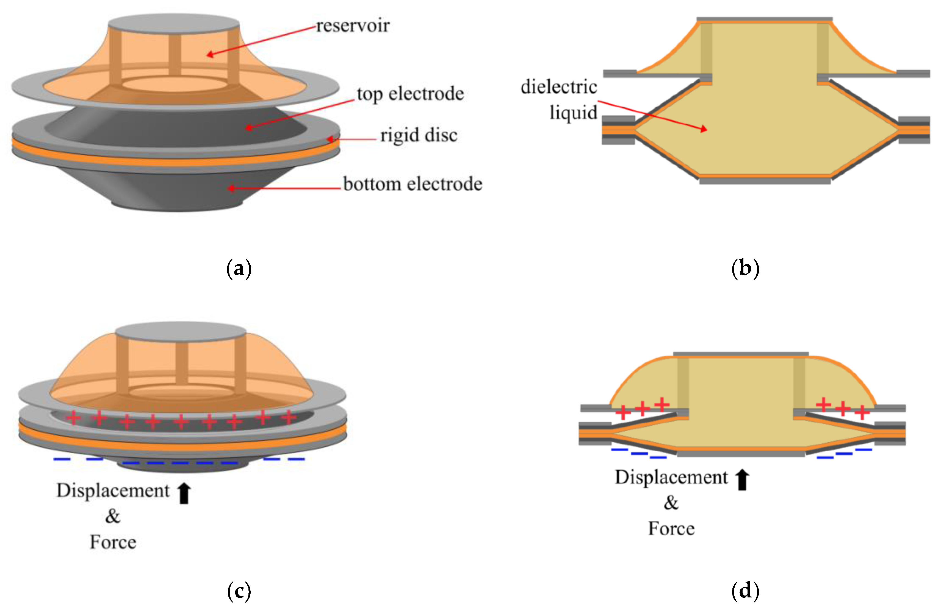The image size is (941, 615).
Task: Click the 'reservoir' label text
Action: (x=353, y=26)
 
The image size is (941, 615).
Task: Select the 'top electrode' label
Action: (x=410, y=94)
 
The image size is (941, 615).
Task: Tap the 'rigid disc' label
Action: (x=419, y=135)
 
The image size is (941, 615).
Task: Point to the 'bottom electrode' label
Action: (x=413, y=184)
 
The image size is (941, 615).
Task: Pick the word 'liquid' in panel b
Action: (x=573, y=113)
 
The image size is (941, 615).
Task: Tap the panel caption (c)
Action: (x=239, y=591)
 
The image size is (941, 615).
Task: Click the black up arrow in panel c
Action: (x=184, y=493)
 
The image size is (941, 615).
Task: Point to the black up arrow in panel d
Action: (x=742, y=480)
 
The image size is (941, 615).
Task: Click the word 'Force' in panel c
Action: (x=113, y=542)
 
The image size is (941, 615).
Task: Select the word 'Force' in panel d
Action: (x=671, y=529)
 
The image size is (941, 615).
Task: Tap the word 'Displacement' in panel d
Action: (x=671, y=477)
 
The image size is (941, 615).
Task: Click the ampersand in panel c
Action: (x=113, y=516)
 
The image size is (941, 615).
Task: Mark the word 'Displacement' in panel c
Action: (x=113, y=491)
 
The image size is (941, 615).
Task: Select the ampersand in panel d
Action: (x=671, y=503)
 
